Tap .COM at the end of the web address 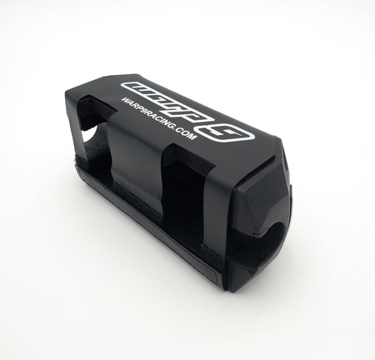(185, 136)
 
